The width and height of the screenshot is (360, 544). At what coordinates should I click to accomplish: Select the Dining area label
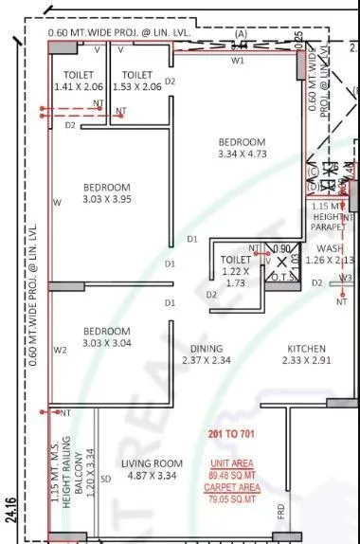tap(207, 348)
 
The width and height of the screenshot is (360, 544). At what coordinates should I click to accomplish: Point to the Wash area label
tap(331, 248)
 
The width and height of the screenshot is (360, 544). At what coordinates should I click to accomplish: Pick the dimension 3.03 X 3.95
tap(106, 199)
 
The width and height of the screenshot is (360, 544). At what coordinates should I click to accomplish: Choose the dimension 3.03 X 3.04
tap(106, 343)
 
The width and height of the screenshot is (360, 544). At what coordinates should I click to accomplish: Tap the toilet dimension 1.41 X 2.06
tap(78, 86)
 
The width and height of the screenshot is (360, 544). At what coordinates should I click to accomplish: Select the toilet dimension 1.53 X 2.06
tap(138, 86)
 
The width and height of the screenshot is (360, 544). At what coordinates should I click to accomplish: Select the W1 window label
tap(240, 60)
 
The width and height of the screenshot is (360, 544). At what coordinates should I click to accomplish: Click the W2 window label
tap(60, 350)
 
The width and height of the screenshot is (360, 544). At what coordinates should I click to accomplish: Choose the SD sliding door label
tap(106, 479)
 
